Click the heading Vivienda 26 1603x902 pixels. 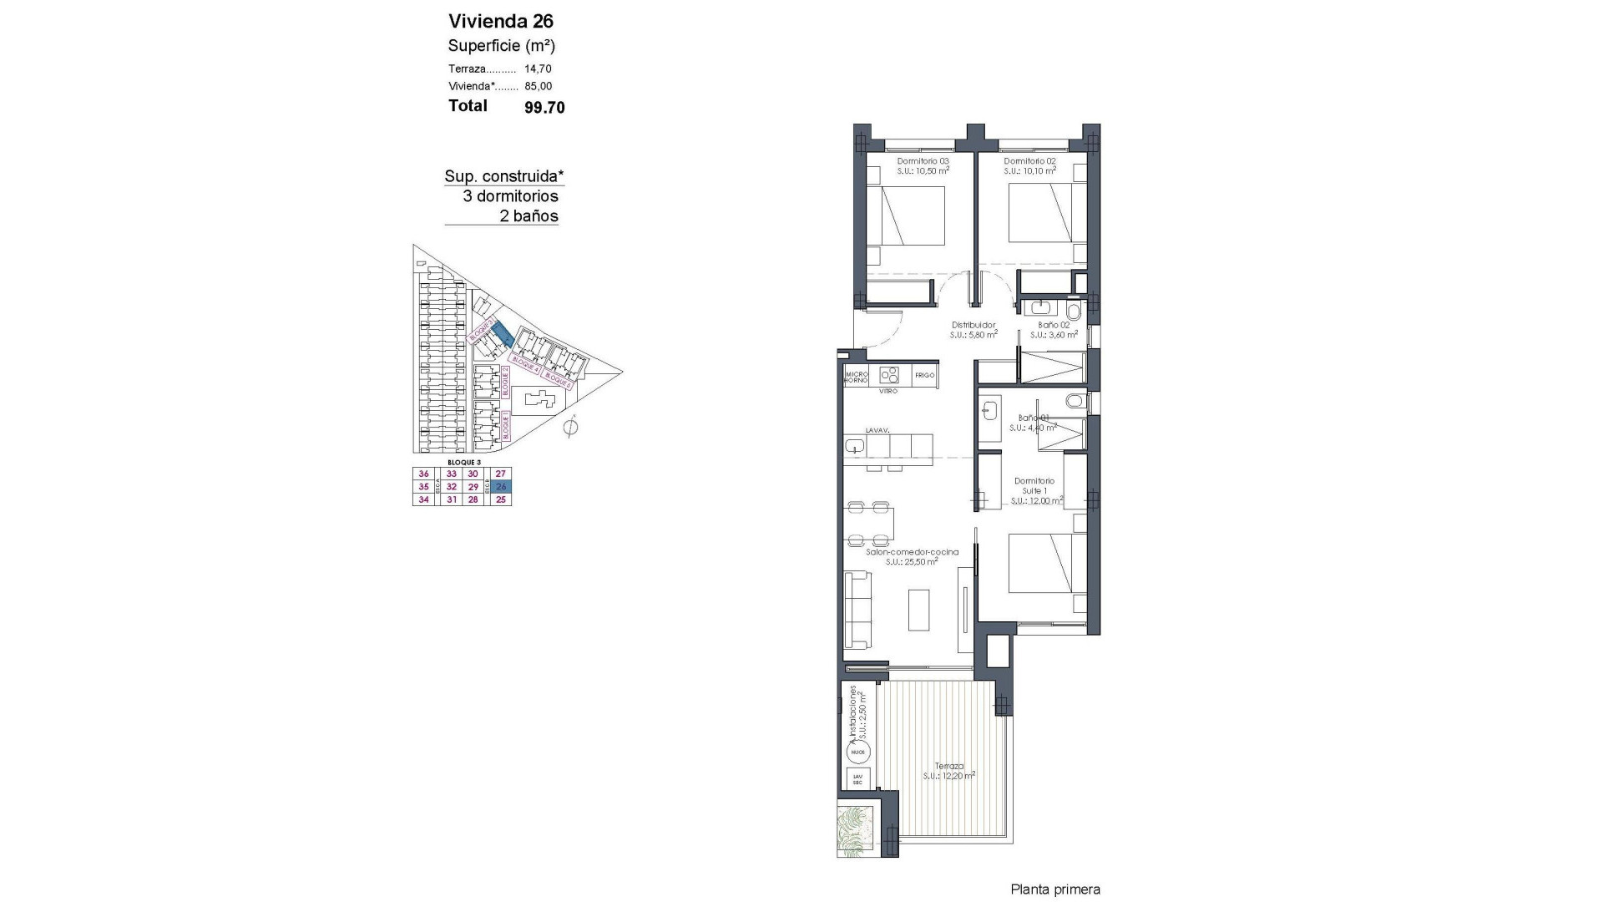[501, 21]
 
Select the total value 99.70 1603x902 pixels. [544, 107]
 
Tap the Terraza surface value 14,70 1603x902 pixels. [538, 69]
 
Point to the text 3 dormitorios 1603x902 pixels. [510, 196]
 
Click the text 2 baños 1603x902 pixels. [528, 216]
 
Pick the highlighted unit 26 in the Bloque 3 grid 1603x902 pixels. [501, 487]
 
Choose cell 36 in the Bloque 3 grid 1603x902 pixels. [423, 474]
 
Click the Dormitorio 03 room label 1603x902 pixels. [923, 161]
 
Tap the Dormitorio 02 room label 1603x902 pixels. [1029, 161]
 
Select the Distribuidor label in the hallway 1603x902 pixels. [973, 325]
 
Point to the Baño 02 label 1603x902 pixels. [1054, 325]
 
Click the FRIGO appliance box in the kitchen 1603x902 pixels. [924, 375]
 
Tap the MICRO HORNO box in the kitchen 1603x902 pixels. [857, 377]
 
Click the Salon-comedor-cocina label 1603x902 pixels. [911, 552]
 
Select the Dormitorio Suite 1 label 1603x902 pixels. [1034, 486]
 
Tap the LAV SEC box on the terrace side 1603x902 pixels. [857, 778]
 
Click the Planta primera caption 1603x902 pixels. [1055, 889]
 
